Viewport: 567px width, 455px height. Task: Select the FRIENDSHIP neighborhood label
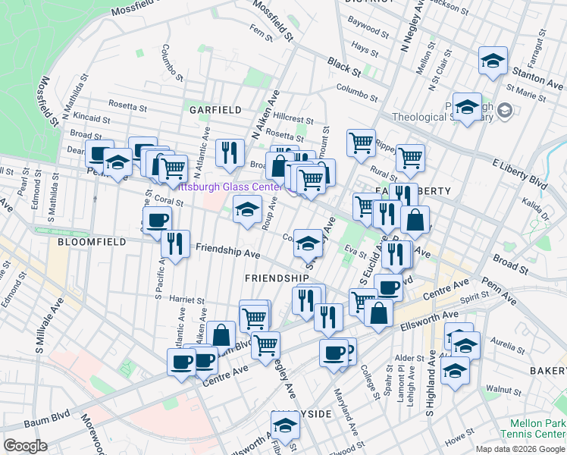point(277,278)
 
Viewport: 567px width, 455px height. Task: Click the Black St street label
point(343,65)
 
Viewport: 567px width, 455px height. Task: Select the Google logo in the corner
point(25,445)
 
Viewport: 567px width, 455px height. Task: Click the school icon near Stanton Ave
point(493,61)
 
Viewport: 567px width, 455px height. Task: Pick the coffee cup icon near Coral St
point(157,220)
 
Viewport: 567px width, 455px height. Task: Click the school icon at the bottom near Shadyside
point(286,426)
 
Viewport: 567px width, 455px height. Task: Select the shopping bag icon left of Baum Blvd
point(222,334)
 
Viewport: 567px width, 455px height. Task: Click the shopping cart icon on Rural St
point(410,158)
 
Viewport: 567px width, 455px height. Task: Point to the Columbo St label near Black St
point(358,95)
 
